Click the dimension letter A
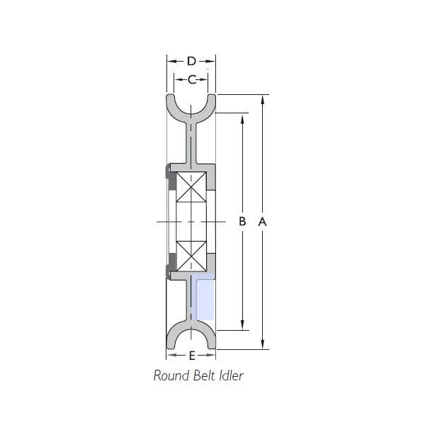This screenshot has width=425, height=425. [262, 222]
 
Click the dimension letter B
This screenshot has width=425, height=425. [242, 222]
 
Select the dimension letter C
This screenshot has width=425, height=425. [192, 79]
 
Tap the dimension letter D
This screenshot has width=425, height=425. [191, 62]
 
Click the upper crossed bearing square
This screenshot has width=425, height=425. [191, 188]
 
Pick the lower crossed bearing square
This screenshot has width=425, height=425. [191, 255]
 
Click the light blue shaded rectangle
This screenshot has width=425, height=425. [205, 297]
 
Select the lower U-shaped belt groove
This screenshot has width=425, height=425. [191, 339]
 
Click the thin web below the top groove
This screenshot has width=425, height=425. [191, 142]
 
